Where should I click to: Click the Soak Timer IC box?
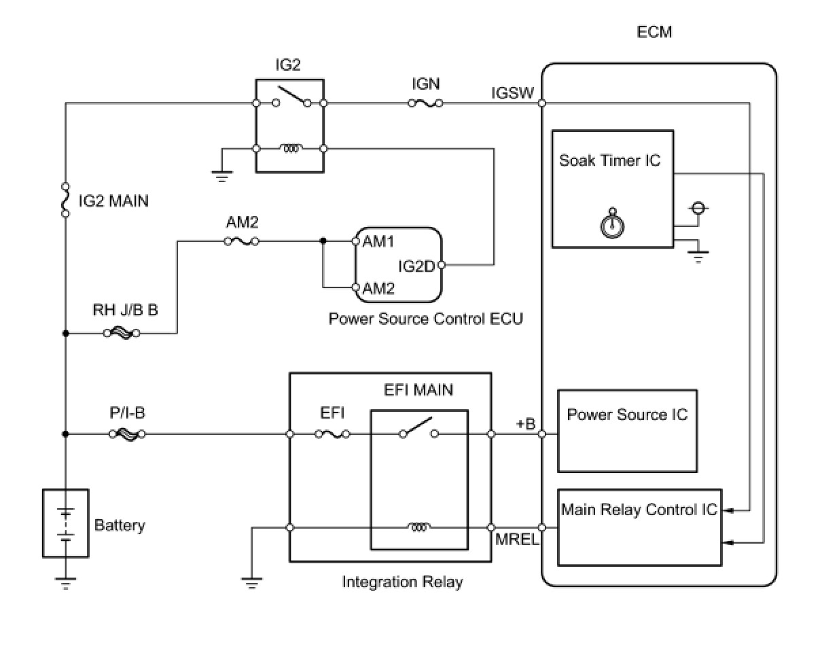point(612,188)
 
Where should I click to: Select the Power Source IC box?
point(627,431)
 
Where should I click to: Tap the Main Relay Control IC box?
point(639,527)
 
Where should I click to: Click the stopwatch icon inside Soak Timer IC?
point(613,223)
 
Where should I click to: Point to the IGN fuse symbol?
point(425,103)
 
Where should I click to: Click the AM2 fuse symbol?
point(241,241)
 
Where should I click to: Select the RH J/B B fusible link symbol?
point(123,334)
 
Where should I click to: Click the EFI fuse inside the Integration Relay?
point(333,434)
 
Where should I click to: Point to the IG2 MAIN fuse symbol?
point(65,200)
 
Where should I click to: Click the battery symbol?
point(65,523)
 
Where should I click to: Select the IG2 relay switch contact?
point(291,99)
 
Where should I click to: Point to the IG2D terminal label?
point(416,266)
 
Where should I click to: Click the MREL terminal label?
point(517,541)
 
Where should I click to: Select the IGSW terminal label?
point(513,93)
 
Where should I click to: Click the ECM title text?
point(654,32)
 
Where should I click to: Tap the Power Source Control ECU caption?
point(426,319)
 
